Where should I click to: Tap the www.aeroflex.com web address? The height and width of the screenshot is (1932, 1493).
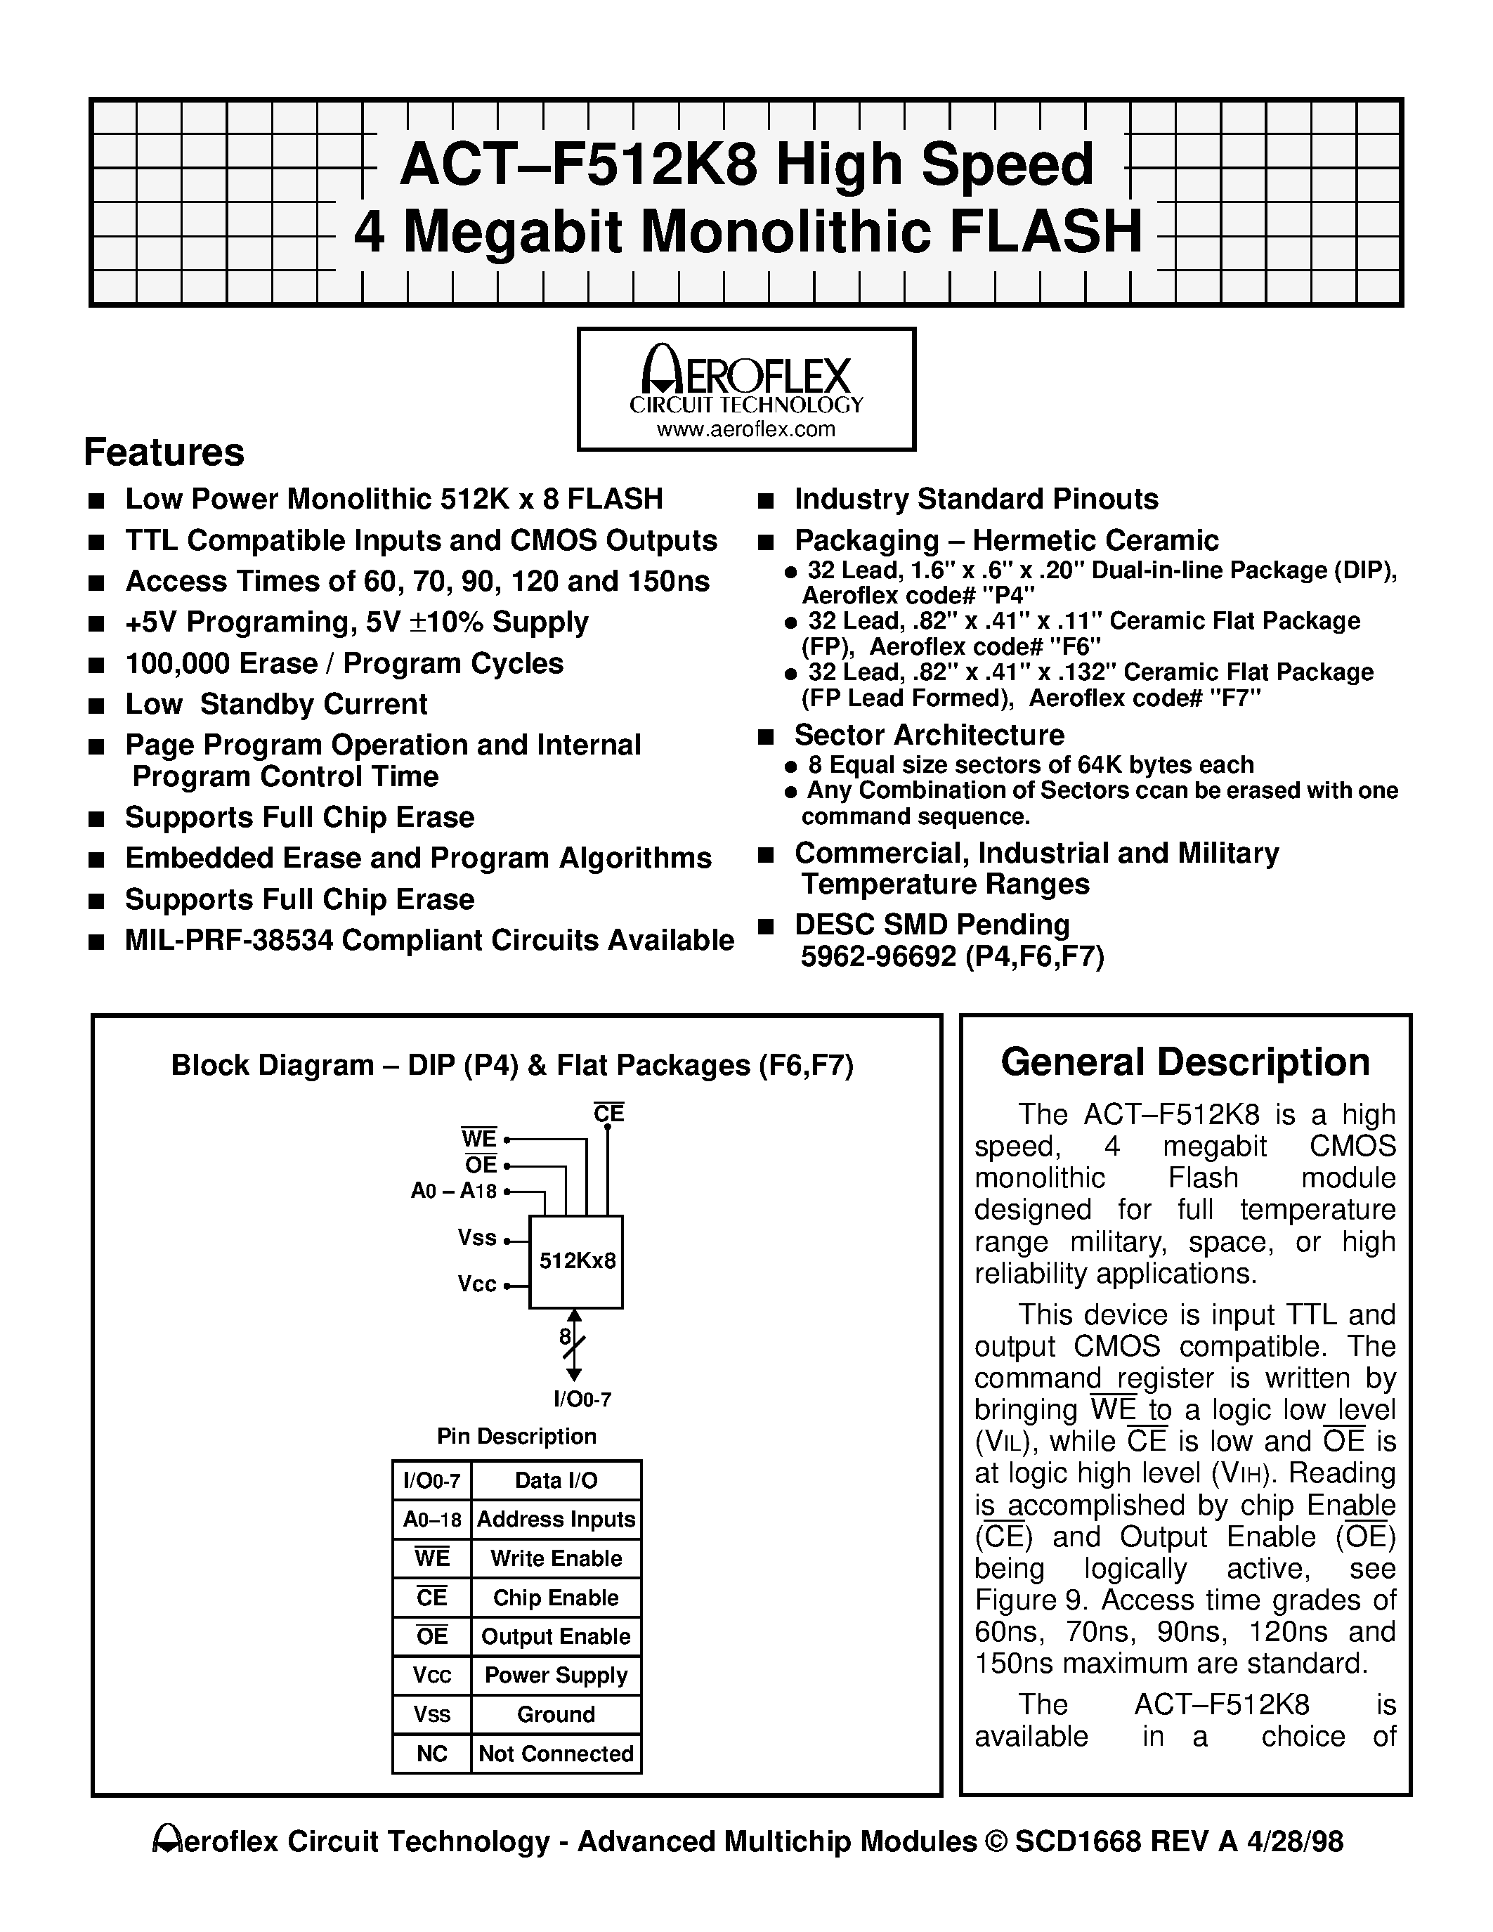[745, 429]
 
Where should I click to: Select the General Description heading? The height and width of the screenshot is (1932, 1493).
[1185, 1062]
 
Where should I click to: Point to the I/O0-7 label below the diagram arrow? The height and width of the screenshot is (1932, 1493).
[582, 1399]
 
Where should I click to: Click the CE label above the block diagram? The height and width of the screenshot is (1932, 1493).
[608, 1114]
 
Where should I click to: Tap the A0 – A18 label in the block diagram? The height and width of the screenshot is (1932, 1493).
[454, 1191]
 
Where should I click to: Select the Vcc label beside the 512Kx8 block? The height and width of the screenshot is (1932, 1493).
[477, 1284]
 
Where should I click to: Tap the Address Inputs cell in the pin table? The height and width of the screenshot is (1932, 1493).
[556, 1519]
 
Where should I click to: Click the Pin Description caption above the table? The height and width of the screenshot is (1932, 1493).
[516, 1436]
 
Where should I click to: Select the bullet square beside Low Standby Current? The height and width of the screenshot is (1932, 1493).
[96, 706]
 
